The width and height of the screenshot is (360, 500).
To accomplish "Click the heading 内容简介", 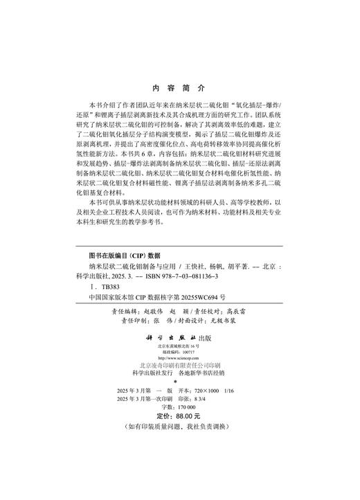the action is point(179,89).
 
